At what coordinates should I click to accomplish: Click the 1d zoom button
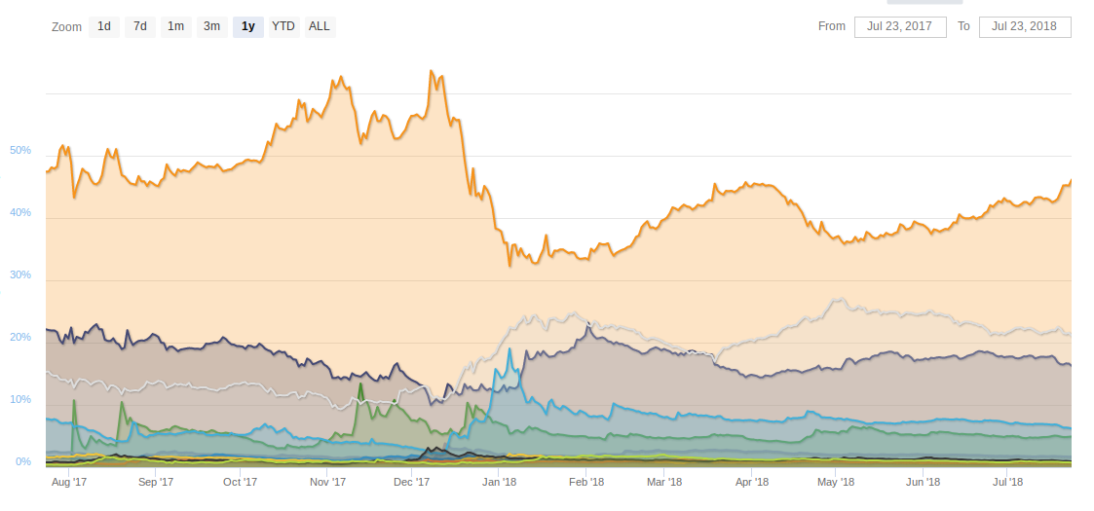tap(104, 26)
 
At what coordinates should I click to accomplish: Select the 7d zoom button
tap(140, 26)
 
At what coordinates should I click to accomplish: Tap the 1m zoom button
tap(175, 26)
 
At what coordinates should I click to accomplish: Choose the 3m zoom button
tap(211, 26)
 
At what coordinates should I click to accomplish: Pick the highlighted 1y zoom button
tap(248, 26)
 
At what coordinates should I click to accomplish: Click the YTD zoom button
tap(283, 26)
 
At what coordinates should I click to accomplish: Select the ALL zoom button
tap(320, 26)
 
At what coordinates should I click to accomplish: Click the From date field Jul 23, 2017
tap(900, 26)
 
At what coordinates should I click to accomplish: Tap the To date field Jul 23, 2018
tap(1025, 26)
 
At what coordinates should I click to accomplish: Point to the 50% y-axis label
tap(20, 151)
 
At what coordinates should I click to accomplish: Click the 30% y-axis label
tap(20, 275)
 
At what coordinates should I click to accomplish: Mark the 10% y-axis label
tap(20, 400)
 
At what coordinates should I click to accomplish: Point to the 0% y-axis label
tap(23, 461)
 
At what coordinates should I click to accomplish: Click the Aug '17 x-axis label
tap(68, 482)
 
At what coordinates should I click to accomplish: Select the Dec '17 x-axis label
tap(411, 482)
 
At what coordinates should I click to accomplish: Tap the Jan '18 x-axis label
tap(499, 482)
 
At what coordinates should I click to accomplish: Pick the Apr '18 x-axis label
tap(752, 482)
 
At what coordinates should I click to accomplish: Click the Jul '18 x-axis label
tap(1007, 482)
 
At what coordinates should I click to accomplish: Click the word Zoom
tap(66, 26)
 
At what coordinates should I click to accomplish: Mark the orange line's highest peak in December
tap(431, 71)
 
